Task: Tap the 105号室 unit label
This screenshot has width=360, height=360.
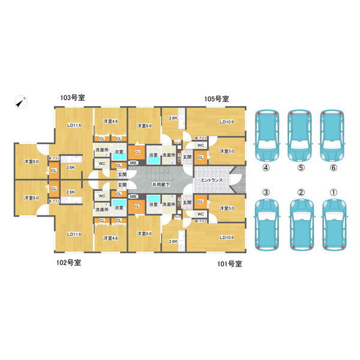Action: coord(215,98)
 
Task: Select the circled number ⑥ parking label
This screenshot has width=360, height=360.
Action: coord(334,167)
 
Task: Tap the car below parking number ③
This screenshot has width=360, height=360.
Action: coord(268,226)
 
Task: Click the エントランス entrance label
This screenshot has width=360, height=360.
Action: coord(212,180)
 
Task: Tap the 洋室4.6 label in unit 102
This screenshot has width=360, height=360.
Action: coord(110,238)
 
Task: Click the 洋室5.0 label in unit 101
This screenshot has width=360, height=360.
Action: coord(226,208)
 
